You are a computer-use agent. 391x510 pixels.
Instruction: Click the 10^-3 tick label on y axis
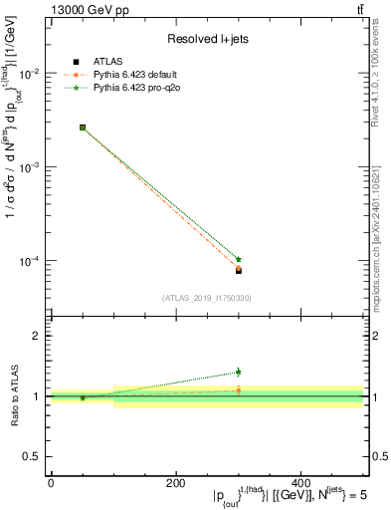click(31, 167)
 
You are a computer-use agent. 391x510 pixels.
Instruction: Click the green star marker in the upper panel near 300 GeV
click(239, 259)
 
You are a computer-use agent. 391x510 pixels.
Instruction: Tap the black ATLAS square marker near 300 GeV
click(239, 270)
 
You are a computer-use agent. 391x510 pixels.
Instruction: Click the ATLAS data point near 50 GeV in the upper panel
click(82, 127)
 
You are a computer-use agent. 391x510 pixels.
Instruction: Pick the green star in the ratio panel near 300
click(239, 372)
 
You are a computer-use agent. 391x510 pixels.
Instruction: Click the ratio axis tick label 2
click(37, 337)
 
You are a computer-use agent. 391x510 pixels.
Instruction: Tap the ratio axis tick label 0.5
click(33, 456)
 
